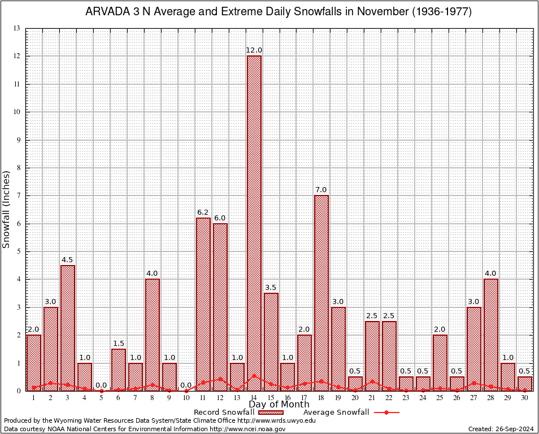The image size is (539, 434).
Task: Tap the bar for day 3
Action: (x=68, y=328)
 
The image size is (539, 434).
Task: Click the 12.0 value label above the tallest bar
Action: (x=254, y=51)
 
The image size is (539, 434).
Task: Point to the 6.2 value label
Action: (x=203, y=212)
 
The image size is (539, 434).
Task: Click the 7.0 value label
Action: (x=321, y=190)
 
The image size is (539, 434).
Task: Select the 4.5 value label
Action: (x=68, y=260)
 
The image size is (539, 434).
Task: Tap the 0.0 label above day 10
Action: (x=186, y=385)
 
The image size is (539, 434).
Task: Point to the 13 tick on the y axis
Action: (x=17, y=29)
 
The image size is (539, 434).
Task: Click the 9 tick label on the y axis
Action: (x=18, y=140)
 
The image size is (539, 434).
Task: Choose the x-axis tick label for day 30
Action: (x=525, y=398)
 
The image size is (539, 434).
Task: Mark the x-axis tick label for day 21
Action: (x=372, y=398)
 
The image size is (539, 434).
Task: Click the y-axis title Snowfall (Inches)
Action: (x=7, y=210)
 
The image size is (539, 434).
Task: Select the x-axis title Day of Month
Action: (x=279, y=405)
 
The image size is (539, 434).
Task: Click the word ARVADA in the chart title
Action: (x=105, y=12)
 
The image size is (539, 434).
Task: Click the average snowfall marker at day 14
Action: (x=254, y=375)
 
